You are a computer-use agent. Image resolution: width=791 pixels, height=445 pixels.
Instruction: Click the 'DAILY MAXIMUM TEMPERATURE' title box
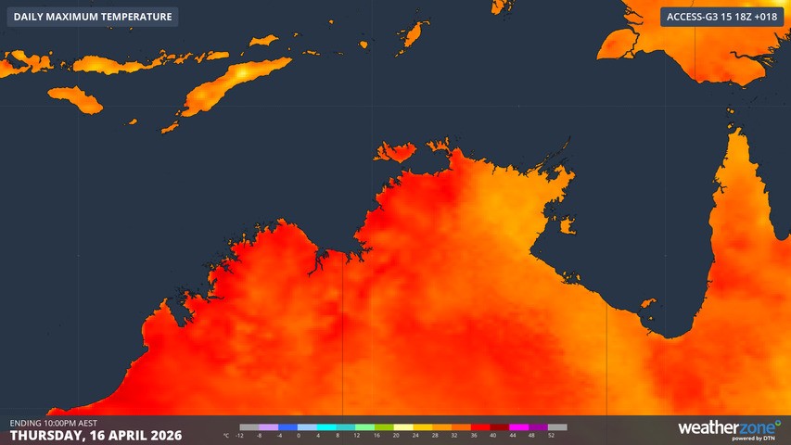pyautogui.click(x=93, y=17)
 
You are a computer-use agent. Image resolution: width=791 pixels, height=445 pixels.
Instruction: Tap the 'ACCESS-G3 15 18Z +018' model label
pyautogui.click(x=721, y=17)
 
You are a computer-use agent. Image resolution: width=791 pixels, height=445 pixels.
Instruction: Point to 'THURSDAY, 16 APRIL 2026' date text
pyautogui.click(x=96, y=435)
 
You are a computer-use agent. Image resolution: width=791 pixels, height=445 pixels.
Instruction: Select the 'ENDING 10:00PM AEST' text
pyautogui.click(x=56, y=423)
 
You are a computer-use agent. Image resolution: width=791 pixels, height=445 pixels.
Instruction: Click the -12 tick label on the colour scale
pyautogui.click(x=240, y=435)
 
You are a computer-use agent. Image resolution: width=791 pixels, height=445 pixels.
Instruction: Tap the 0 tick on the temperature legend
pyautogui.click(x=299, y=435)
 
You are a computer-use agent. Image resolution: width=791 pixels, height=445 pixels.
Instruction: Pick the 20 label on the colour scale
pyautogui.click(x=396, y=435)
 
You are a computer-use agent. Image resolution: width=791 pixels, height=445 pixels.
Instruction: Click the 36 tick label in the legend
pyautogui.click(x=474, y=435)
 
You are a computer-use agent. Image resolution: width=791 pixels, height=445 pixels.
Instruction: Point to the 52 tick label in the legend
pyautogui.click(x=552, y=435)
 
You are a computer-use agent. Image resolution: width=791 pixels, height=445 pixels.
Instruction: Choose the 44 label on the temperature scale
pyautogui.click(x=513, y=435)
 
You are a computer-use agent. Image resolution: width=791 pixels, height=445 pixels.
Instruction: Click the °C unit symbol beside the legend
pyautogui.click(x=226, y=435)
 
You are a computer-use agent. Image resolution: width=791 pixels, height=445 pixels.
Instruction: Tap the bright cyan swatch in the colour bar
pyautogui.click(x=327, y=427)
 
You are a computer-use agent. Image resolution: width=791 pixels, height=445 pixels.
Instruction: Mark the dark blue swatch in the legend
pyautogui.click(x=288, y=427)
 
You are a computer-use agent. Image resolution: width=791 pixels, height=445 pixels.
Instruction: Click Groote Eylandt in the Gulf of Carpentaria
pyautogui.click(x=567, y=225)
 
